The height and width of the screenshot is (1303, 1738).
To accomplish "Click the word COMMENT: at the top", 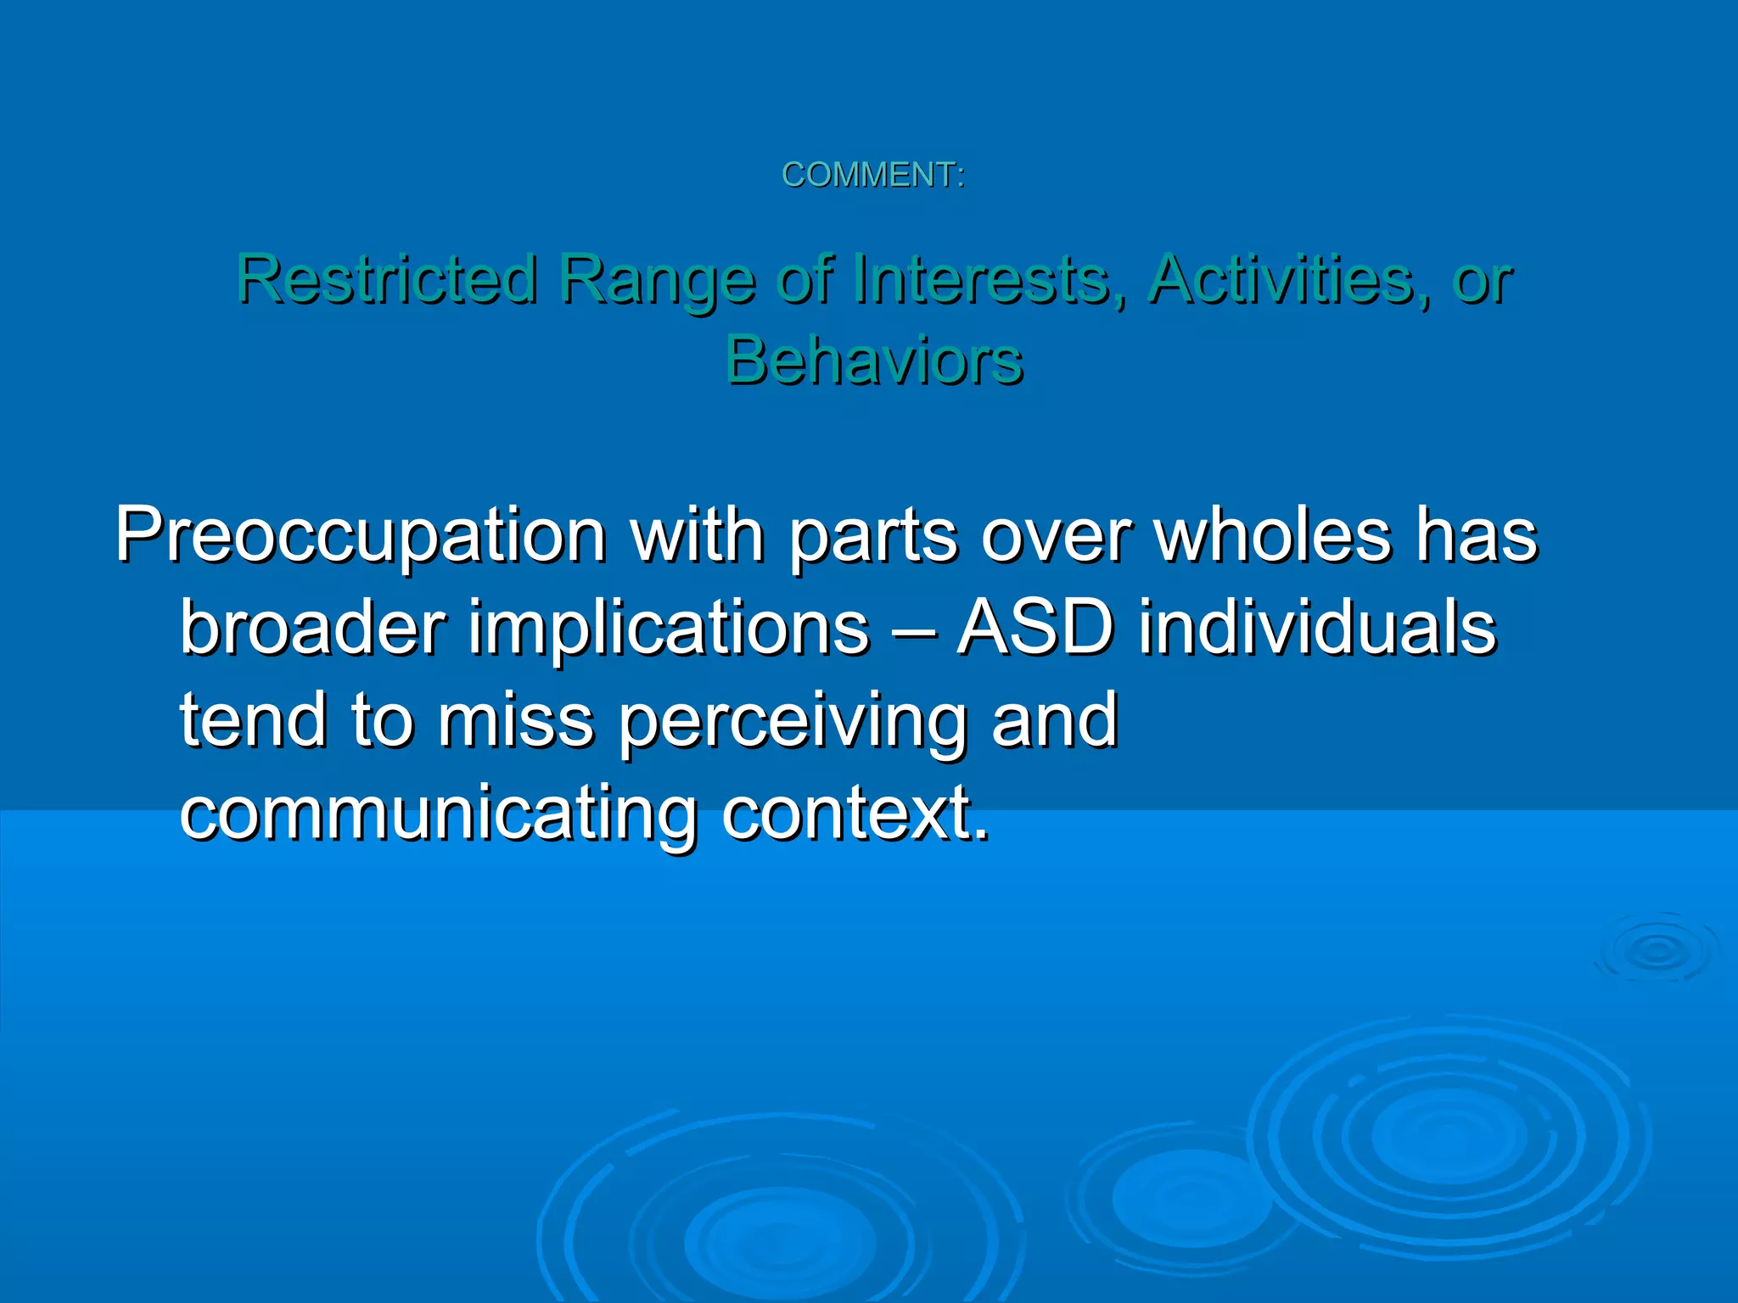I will tap(872, 175).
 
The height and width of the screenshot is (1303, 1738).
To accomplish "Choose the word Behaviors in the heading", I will tap(874, 360).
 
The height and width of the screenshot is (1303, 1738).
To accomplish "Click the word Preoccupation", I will tap(361, 536).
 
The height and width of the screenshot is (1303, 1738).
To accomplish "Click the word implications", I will tap(669, 629).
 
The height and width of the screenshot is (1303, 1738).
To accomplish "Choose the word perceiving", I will tap(793, 723).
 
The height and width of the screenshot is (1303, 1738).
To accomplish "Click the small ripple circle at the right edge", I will tap(1657, 950).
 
